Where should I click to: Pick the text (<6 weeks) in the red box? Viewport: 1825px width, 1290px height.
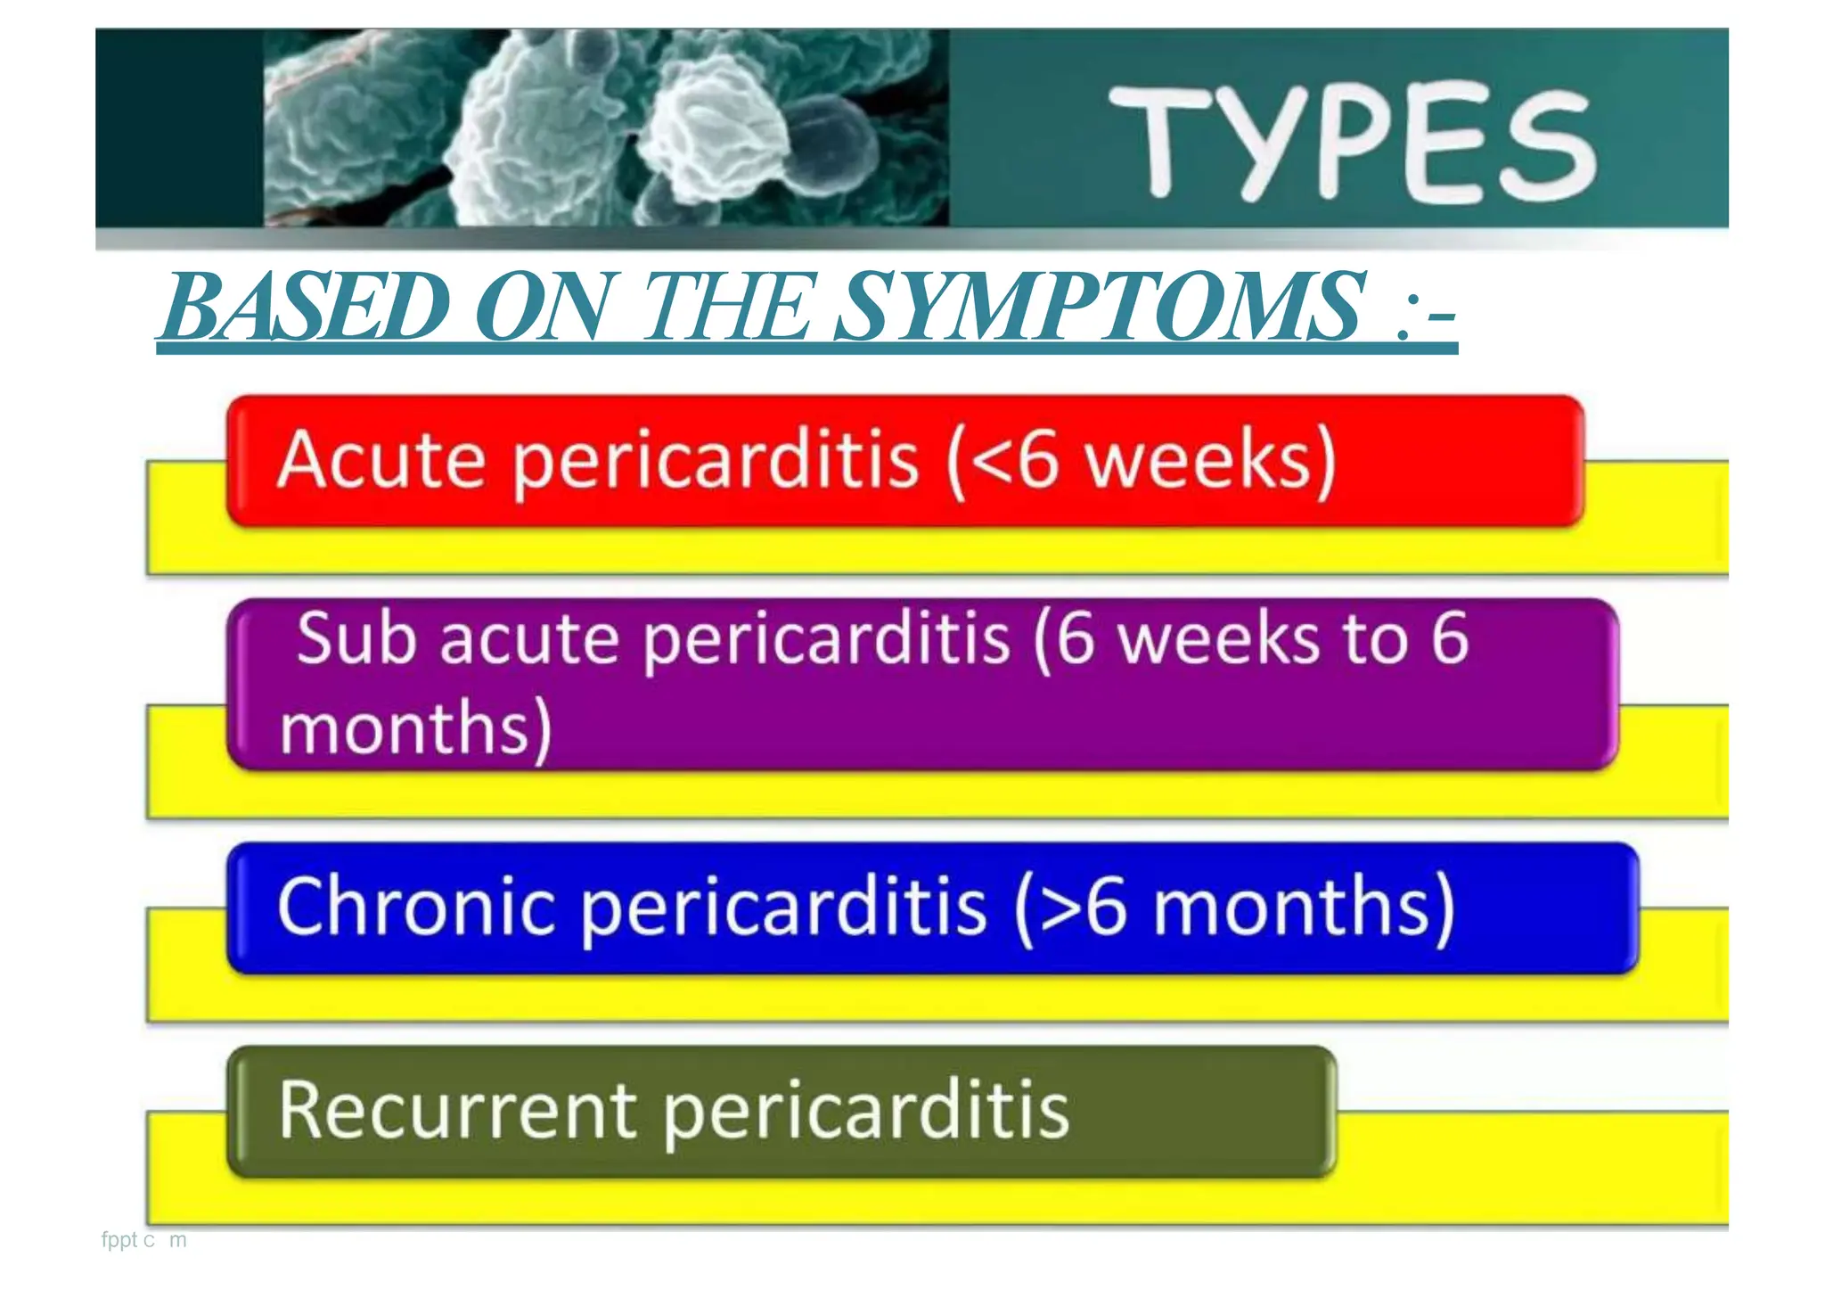pyautogui.click(x=1142, y=460)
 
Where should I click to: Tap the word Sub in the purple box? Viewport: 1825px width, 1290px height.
pyautogui.click(x=356, y=638)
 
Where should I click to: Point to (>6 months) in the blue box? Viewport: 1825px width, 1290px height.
pyautogui.click(x=1235, y=908)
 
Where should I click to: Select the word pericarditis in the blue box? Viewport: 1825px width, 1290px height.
pyautogui.click(x=784, y=908)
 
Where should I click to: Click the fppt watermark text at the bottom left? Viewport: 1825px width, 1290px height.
pyautogui.click(x=143, y=1240)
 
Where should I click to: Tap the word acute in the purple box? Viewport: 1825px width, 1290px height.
pyautogui.click(x=529, y=640)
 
